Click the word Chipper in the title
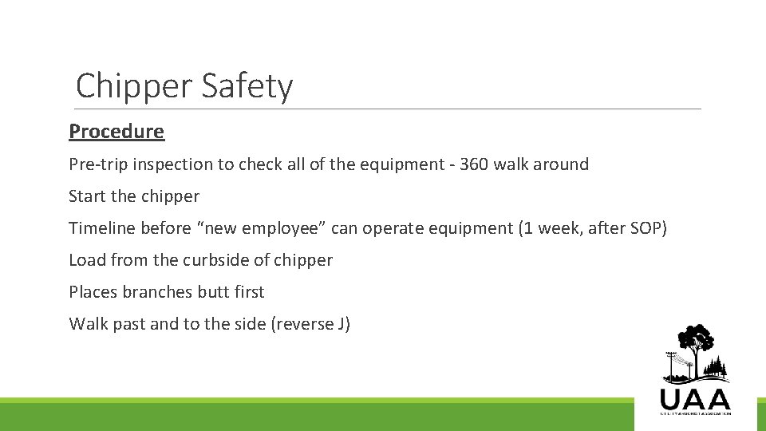point(134,86)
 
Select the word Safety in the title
point(247,86)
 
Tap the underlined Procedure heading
point(116,132)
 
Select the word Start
point(86,196)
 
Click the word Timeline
point(102,228)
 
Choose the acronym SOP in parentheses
point(643,228)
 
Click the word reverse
point(302,324)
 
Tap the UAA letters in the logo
point(695,398)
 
